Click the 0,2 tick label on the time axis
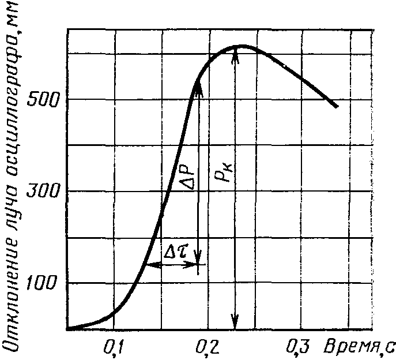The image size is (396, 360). pyautogui.click(x=206, y=347)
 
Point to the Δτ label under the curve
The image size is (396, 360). pyautogui.click(x=176, y=252)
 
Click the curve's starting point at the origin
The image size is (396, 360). pyautogui.click(x=68, y=329)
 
